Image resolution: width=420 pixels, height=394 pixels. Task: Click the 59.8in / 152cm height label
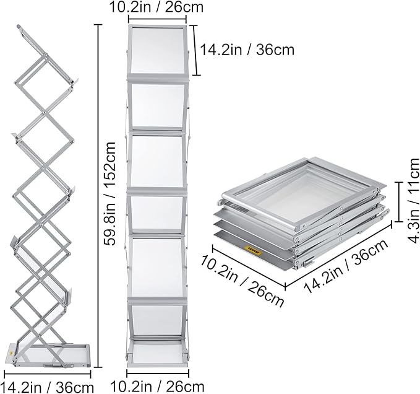tap(111, 194)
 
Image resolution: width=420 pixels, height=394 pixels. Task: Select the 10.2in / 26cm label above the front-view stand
tap(158, 8)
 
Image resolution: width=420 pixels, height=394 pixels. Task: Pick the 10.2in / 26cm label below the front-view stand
tap(157, 387)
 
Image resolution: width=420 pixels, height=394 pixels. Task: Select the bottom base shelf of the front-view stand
tap(158, 352)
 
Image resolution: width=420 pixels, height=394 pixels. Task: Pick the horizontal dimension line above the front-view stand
tap(157, 20)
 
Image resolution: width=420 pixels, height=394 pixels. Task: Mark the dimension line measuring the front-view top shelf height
tap(197, 50)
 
